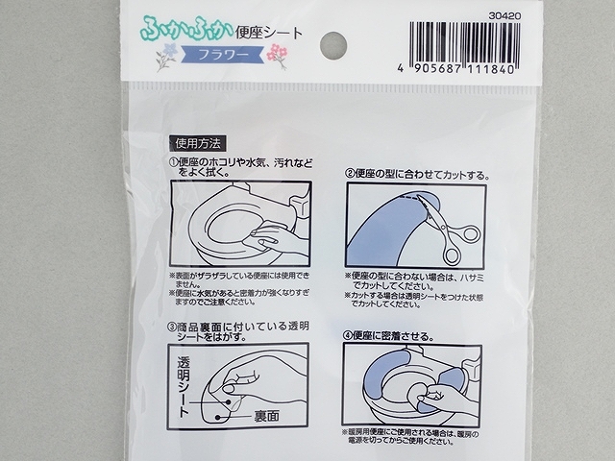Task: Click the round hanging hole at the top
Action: (x=332, y=42)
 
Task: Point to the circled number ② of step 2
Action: (x=351, y=176)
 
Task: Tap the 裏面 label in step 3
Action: (x=268, y=417)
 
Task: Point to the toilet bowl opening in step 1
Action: (x=226, y=229)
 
